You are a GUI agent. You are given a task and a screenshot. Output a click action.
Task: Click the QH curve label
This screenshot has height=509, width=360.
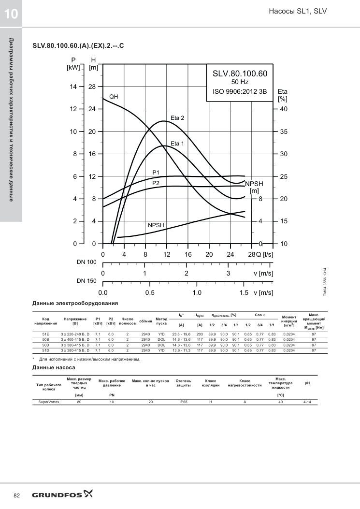114,97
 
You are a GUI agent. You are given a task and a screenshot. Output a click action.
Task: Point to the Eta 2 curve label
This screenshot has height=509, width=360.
177,118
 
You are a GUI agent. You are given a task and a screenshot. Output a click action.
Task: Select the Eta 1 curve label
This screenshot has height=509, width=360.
177,144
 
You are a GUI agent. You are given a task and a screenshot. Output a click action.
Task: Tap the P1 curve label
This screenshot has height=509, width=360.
156,173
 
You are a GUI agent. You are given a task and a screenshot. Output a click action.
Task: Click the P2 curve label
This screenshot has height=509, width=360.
156,183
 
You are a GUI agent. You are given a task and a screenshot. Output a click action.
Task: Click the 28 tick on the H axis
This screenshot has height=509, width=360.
92,87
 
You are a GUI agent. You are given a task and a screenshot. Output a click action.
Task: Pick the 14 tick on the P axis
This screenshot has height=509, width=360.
73,87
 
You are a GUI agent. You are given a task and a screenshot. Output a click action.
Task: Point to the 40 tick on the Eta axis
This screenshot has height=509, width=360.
284,109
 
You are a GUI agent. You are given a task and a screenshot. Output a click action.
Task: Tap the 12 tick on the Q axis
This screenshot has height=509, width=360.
167,254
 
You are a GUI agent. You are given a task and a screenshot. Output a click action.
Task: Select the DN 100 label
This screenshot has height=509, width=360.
86,262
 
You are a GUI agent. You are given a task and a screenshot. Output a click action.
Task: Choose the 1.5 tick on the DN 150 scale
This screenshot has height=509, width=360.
244,292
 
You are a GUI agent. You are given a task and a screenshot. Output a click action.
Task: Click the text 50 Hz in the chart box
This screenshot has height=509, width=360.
240,82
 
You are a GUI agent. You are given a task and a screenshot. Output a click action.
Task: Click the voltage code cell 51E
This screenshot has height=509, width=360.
46,334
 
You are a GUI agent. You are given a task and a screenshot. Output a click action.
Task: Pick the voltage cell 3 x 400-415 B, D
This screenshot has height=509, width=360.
75,339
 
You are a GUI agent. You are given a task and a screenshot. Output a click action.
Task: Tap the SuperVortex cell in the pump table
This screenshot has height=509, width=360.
49,402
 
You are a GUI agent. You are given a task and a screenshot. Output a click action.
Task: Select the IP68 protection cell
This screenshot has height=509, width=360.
184,402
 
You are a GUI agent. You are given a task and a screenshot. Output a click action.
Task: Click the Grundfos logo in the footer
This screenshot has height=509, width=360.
62,494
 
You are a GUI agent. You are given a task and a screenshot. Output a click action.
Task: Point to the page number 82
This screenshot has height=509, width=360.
17,495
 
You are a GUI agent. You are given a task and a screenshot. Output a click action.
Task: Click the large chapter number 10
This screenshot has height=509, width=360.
11,14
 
